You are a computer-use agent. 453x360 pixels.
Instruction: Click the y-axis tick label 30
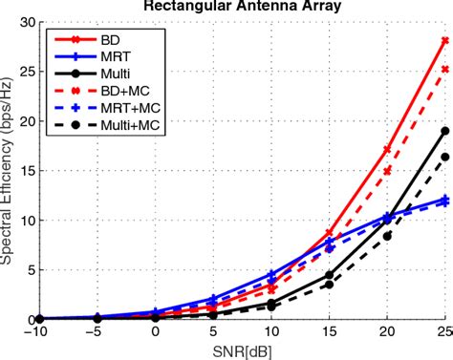coord(28,22)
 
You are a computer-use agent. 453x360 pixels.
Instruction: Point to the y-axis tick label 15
coord(28,170)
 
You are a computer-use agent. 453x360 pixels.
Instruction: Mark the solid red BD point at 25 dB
coord(444,40)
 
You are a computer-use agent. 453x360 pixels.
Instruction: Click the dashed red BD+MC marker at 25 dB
coord(444,69)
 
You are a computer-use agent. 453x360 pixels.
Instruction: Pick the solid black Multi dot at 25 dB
coord(444,131)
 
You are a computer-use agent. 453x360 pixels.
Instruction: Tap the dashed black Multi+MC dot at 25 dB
coord(444,157)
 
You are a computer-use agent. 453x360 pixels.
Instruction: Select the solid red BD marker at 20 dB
coord(387,150)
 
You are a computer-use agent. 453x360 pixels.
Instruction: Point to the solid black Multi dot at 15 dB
coord(329,274)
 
